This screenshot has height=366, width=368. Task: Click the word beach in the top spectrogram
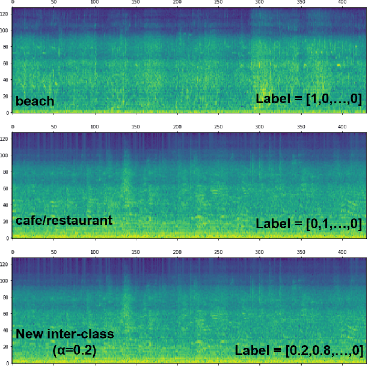coord(35,101)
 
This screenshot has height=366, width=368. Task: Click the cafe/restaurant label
coord(64,221)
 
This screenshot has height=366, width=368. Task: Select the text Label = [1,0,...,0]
coord(308,99)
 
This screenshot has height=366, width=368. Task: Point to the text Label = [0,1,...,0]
coord(308,224)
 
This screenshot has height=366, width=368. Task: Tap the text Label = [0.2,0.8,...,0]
coord(298,350)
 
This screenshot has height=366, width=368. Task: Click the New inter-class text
coord(64,334)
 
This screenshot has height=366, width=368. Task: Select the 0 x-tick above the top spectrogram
coord(13,2)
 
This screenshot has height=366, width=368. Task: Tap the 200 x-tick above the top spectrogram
coord(177,2)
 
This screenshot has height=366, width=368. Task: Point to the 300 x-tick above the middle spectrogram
coord(260,127)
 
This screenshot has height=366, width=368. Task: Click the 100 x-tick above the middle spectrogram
coord(95,127)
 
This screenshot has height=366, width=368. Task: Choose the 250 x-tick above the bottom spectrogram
coord(219,252)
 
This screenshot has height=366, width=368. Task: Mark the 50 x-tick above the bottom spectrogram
coord(54,252)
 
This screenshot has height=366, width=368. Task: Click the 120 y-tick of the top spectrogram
coord(5,14)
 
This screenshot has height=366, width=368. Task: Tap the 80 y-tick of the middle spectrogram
coord(6,172)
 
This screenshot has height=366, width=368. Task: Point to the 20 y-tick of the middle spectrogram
coord(6,221)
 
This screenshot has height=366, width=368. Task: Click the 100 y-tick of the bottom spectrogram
coord(5,280)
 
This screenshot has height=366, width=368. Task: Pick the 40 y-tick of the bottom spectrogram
coord(6,329)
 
